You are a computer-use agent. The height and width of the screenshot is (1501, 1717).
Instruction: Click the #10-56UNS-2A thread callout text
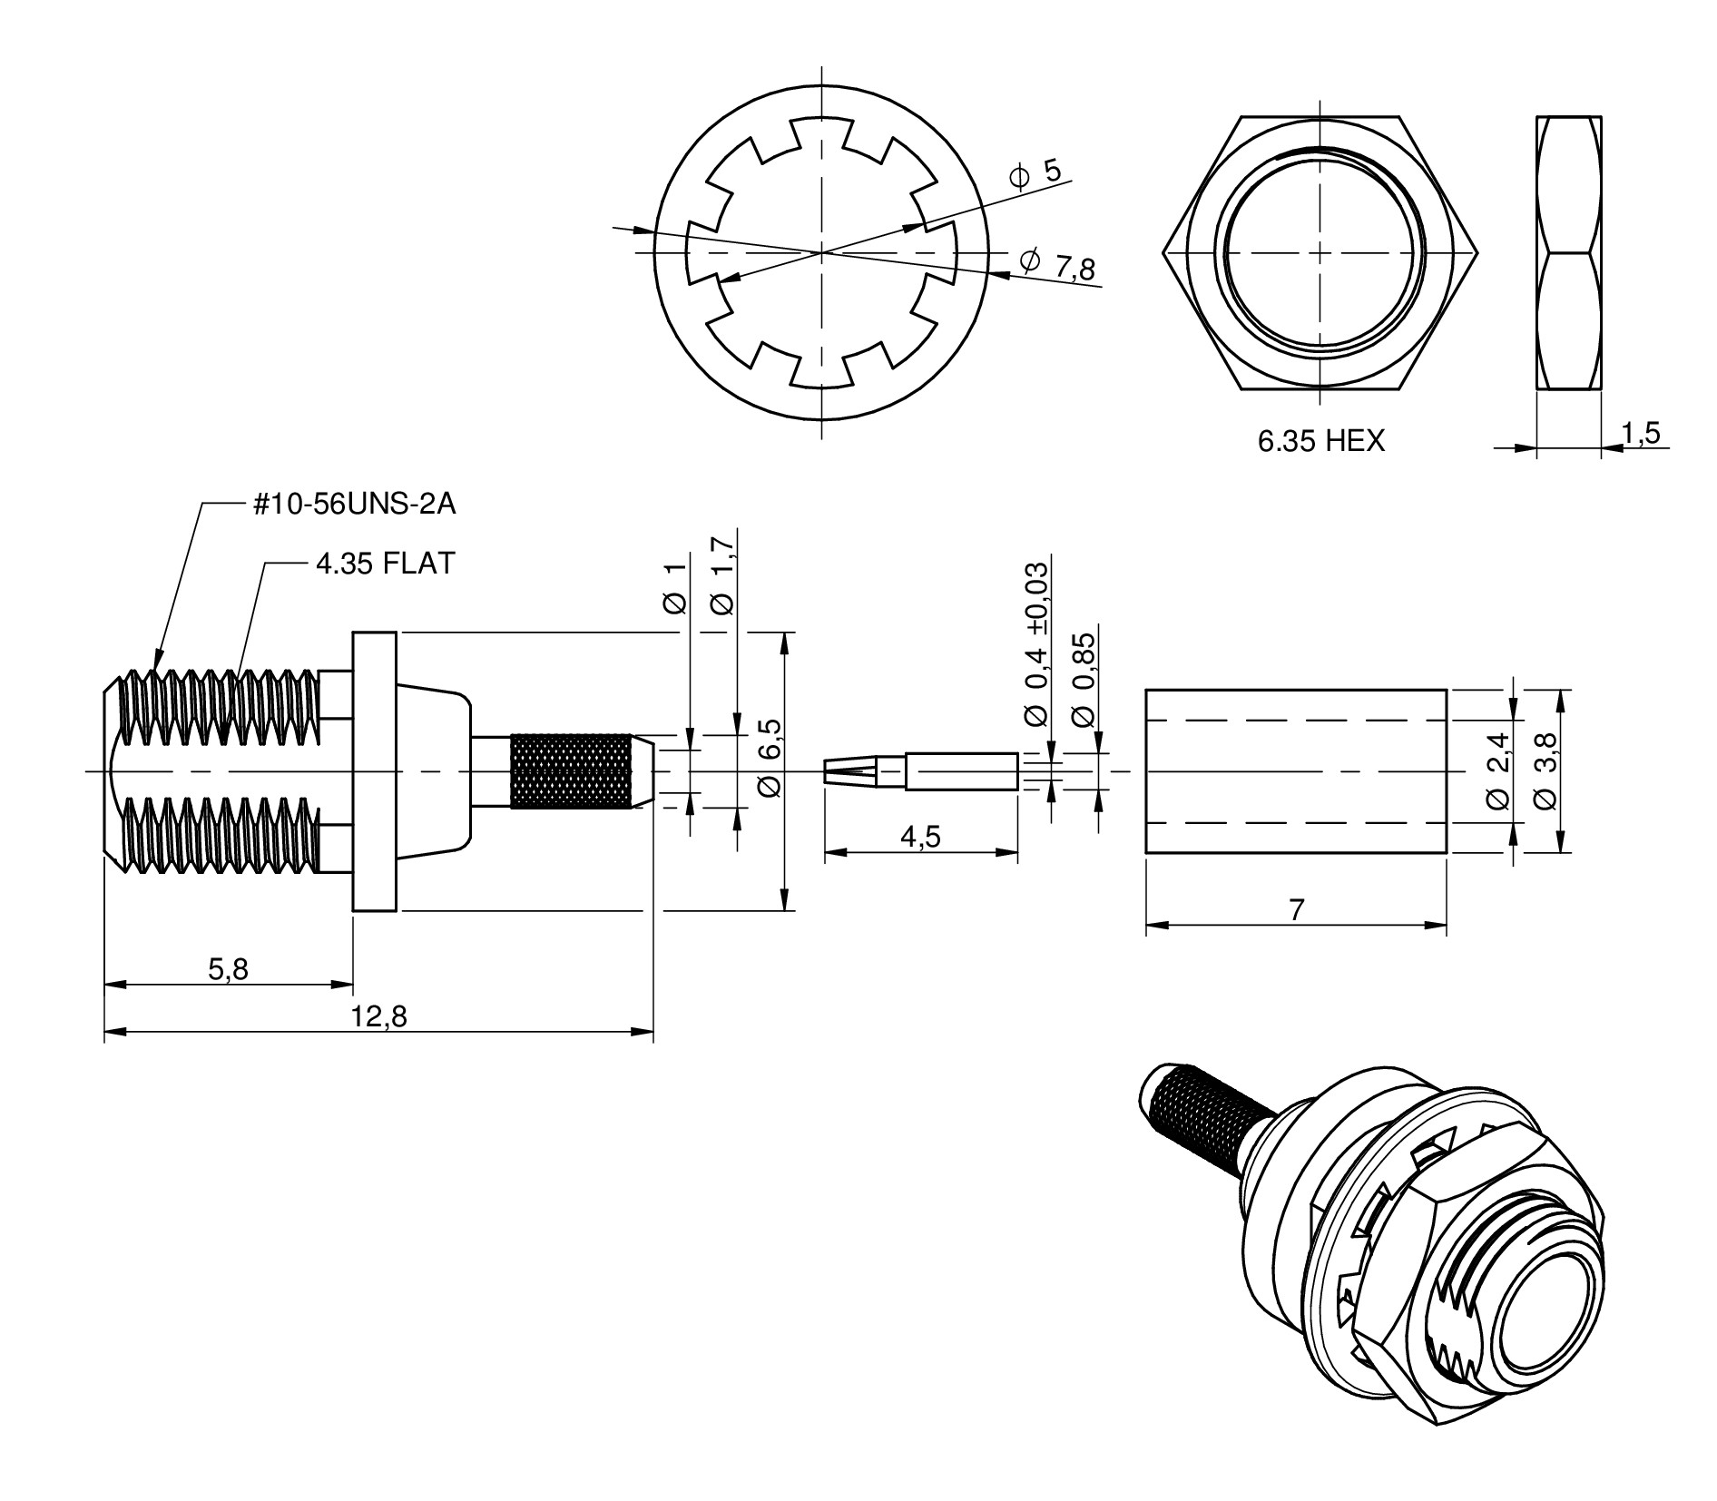click(x=355, y=505)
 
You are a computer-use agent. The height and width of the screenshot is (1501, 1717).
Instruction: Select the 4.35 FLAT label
click(x=385, y=564)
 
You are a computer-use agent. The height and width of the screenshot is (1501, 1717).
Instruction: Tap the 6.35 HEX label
click(x=1320, y=442)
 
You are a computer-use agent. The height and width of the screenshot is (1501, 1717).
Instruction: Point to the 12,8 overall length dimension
click(x=379, y=1017)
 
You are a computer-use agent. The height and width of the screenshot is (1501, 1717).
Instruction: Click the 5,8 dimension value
click(x=228, y=969)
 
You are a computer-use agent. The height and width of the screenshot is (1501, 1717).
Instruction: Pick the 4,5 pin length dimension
click(x=920, y=837)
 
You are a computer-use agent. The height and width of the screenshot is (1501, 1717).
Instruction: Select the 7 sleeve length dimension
click(x=1296, y=910)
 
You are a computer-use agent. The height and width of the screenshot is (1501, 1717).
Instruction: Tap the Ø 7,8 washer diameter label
click(x=1058, y=264)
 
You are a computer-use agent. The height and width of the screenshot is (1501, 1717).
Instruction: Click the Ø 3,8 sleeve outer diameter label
click(x=1544, y=771)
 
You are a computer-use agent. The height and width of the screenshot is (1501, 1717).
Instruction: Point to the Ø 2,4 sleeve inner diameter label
click(x=1498, y=771)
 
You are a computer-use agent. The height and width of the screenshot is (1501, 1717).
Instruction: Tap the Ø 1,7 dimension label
click(x=723, y=575)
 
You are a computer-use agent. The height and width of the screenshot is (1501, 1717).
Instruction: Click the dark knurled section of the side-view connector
click(x=571, y=770)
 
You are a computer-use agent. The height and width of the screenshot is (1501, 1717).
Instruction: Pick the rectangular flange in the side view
click(x=375, y=771)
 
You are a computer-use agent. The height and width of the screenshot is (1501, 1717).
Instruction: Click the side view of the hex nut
click(x=1568, y=252)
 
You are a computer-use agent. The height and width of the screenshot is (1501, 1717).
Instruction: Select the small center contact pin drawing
click(x=919, y=771)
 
